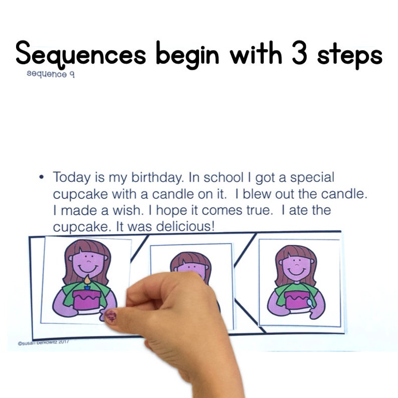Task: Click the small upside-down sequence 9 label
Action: point(52,75)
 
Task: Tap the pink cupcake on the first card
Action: point(86,300)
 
